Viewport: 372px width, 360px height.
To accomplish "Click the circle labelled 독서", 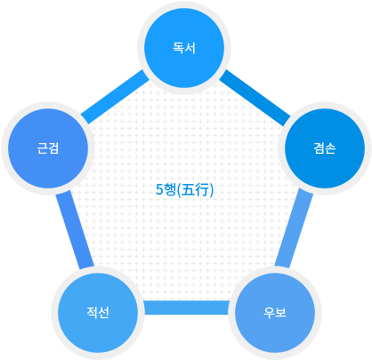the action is pos(184,48).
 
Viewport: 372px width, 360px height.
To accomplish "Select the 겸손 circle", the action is pos(325,148).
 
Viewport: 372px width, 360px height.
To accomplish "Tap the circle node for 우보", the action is pos(275,313).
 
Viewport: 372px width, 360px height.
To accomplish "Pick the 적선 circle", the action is pos(98,313).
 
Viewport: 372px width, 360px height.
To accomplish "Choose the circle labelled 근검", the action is pos(48,148).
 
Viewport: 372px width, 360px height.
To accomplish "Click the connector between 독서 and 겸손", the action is pos(255,98).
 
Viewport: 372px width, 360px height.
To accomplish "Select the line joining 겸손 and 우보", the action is pos(294,228).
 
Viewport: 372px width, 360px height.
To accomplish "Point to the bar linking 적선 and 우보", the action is pos(186,308).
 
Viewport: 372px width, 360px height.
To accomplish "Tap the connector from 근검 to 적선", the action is pos(75,230).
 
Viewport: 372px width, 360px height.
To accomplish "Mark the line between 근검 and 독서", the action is pos(115,97).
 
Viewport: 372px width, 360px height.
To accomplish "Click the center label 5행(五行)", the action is pos(184,189).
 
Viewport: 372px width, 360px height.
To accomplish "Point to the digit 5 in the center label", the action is pos(159,189).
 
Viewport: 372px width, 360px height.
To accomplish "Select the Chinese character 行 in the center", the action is pos(203,189).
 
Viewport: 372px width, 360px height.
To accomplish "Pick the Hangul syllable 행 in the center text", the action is pos(170,189).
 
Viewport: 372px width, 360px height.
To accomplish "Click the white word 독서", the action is pos(184,48).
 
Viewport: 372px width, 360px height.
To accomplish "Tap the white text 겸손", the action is pos(325,148).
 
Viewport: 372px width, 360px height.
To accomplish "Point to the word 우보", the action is pos(275,313).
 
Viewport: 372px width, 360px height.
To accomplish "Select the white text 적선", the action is pos(98,313).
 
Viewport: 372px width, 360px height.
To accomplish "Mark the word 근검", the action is pos(48,148).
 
